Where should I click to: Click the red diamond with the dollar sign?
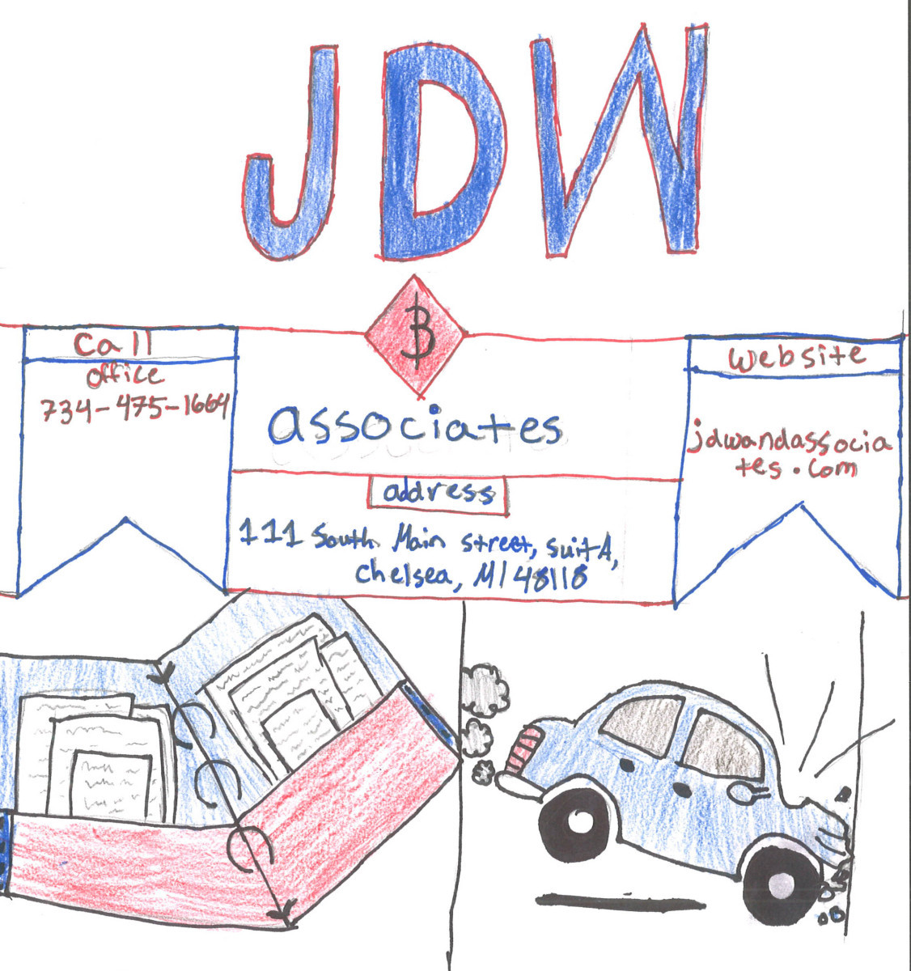416,336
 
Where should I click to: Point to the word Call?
114,344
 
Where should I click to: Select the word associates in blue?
415,426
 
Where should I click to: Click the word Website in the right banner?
797,357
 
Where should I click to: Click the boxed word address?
439,494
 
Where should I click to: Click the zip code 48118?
557,578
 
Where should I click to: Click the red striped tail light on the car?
523,750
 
